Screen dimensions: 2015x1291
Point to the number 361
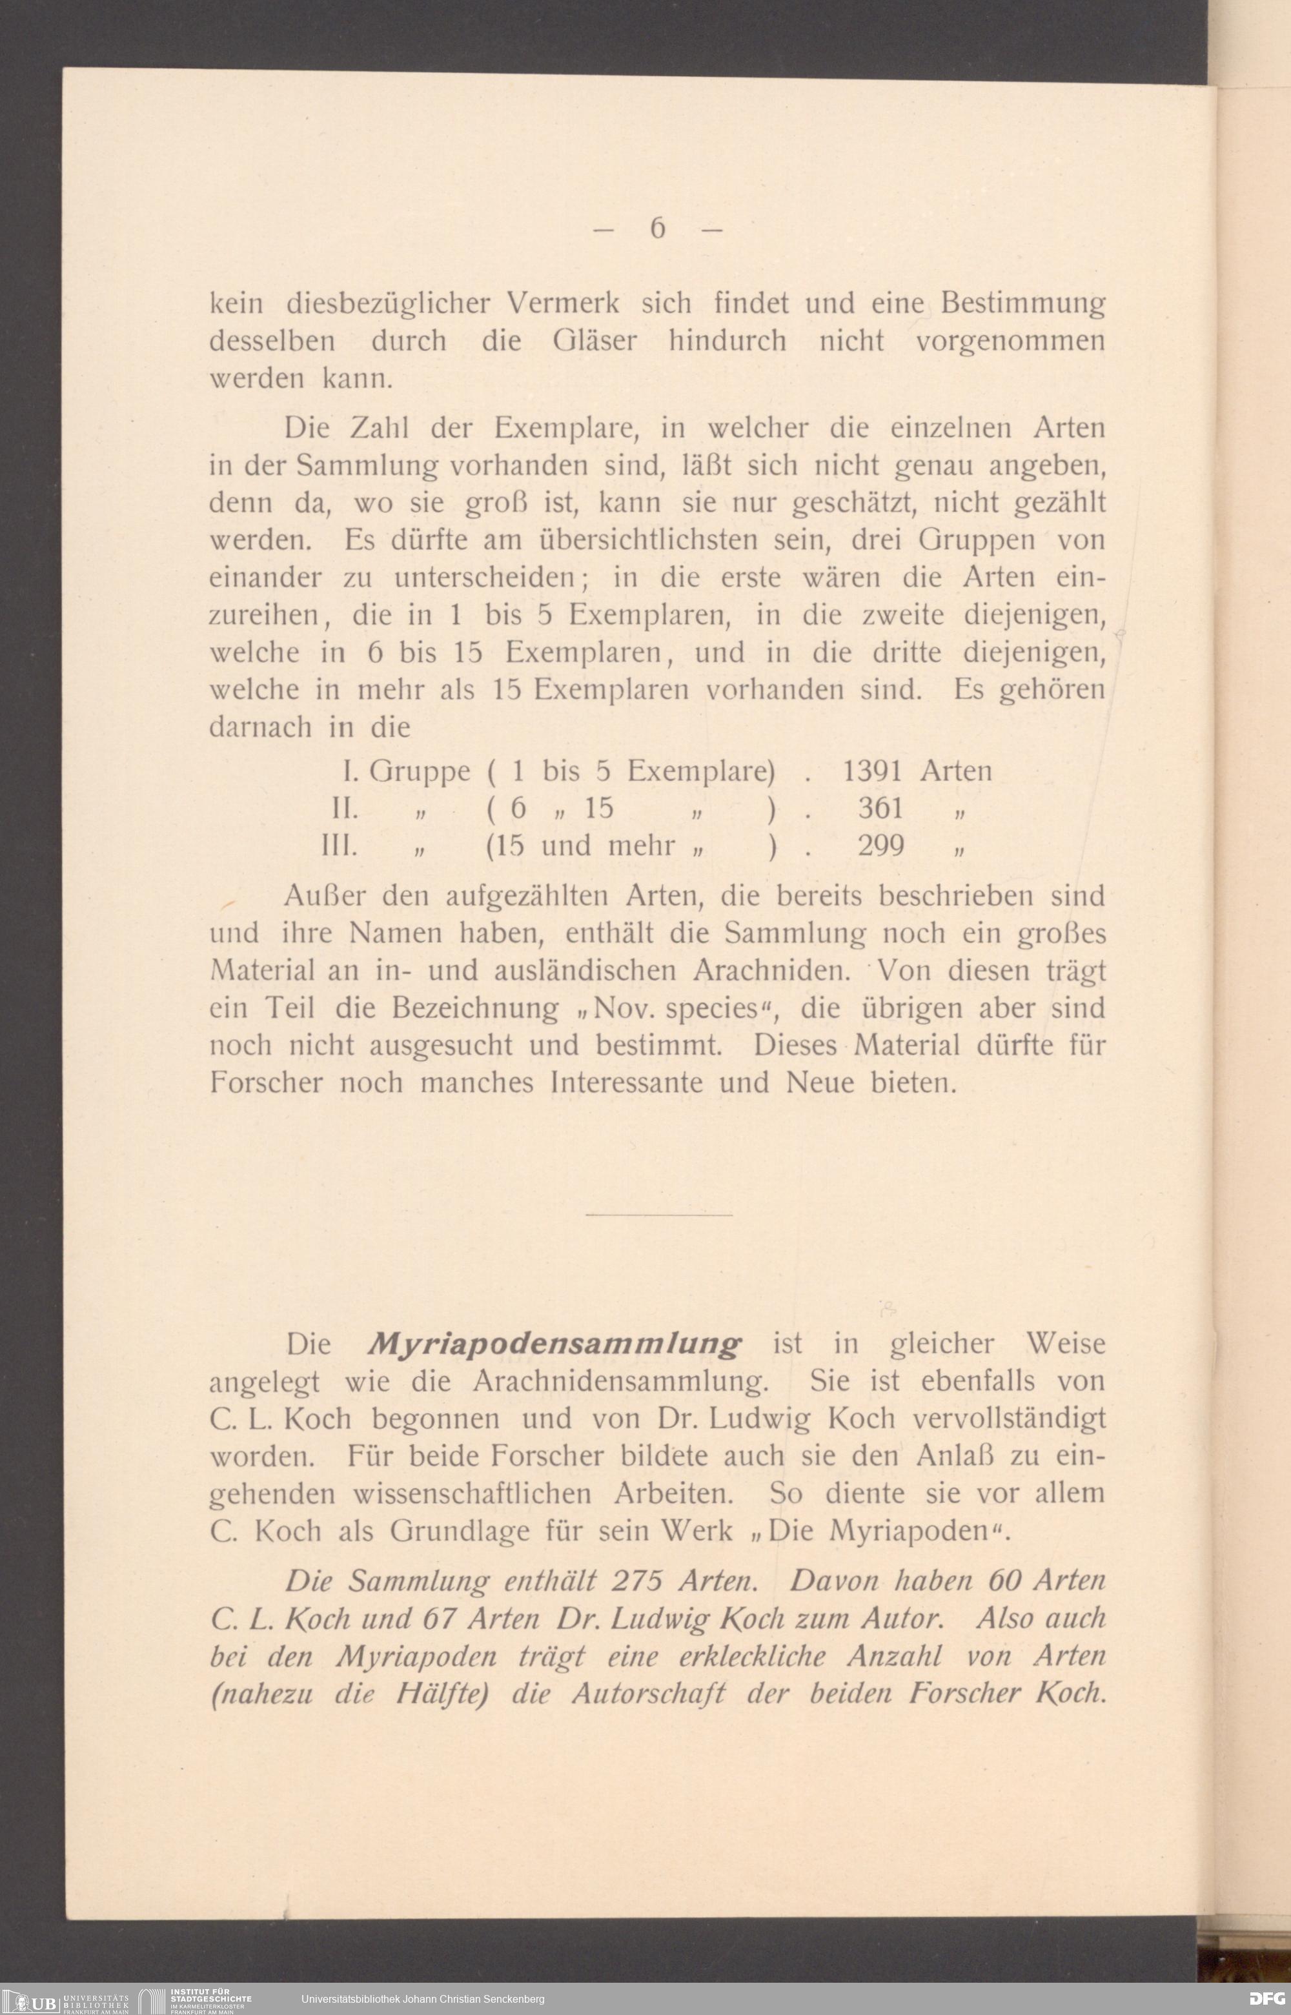(x=880, y=808)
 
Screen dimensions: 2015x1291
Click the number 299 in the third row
(x=880, y=845)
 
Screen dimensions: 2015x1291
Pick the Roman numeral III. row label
(x=340, y=845)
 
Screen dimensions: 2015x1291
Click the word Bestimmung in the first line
(x=1022, y=303)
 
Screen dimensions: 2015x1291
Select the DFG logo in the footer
(x=1266, y=1999)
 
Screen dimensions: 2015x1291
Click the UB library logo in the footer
(x=34, y=2001)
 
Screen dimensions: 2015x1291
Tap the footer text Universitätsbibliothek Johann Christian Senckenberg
(x=423, y=1999)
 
